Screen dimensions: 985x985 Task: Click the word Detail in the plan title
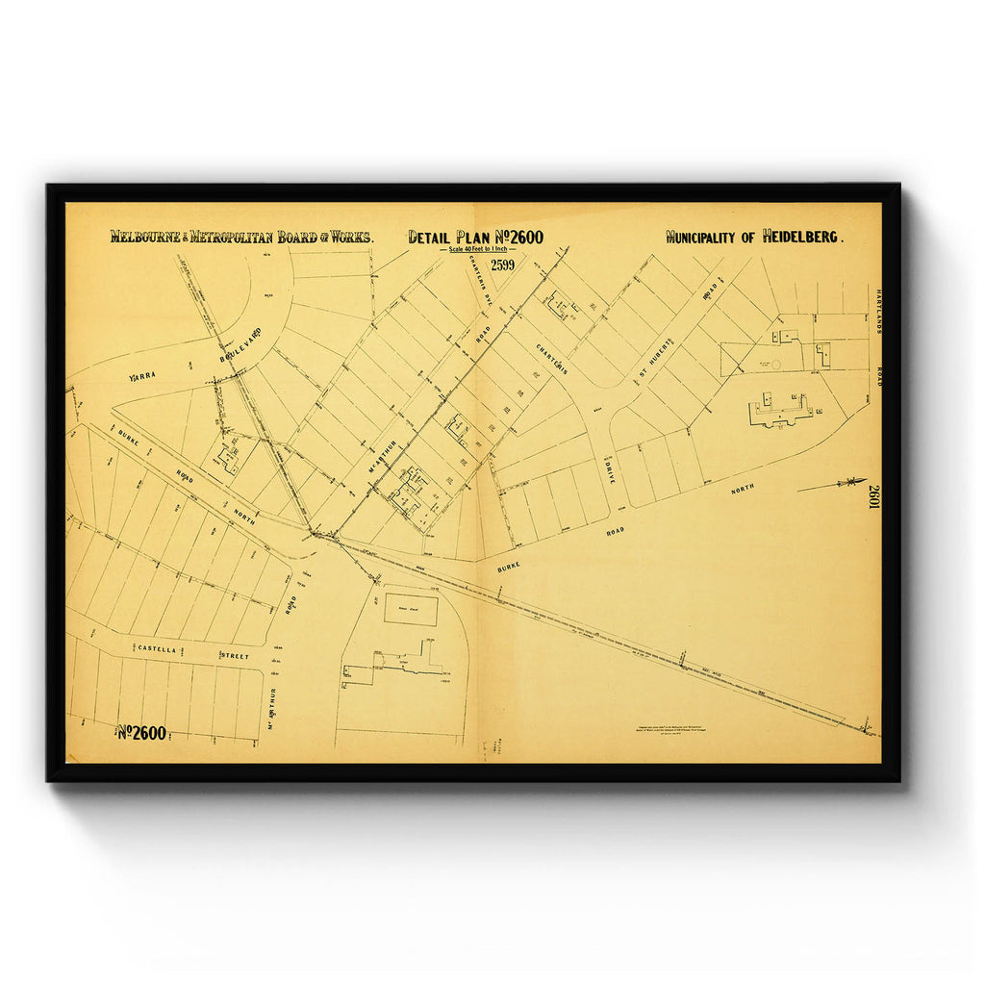(x=431, y=237)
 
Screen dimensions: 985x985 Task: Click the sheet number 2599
(x=504, y=265)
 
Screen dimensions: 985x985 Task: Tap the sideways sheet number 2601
(x=874, y=497)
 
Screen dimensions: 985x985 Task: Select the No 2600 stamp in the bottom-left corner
(x=142, y=733)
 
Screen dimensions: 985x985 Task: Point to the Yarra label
(x=142, y=377)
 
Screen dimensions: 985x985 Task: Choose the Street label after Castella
(x=235, y=655)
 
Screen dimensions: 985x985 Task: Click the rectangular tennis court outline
(x=411, y=608)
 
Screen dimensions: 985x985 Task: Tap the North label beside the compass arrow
(x=743, y=489)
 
